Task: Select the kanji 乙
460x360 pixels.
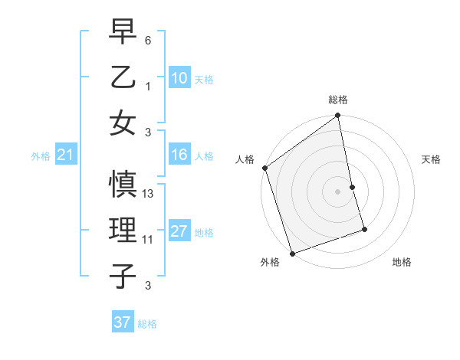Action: pos(123,77)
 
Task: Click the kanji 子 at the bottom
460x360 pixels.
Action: pos(123,276)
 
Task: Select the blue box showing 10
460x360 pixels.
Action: pos(179,78)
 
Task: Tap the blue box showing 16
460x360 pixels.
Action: pos(179,155)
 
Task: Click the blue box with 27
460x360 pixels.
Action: pos(179,232)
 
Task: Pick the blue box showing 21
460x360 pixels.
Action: pos(65,155)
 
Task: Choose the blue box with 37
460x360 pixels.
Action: pos(122,322)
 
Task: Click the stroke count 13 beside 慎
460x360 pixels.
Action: pos(149,194)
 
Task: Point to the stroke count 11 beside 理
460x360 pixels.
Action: pos(148,240)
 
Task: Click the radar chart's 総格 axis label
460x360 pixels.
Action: pos(338,100)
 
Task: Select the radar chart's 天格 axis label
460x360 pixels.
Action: pos(432,159)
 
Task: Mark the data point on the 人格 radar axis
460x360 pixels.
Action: pos(264,168)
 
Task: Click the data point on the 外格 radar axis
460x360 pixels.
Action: pos(292,253)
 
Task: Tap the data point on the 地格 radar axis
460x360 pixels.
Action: pos(364,229)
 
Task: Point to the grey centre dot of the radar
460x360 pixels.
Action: pos(338,191)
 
